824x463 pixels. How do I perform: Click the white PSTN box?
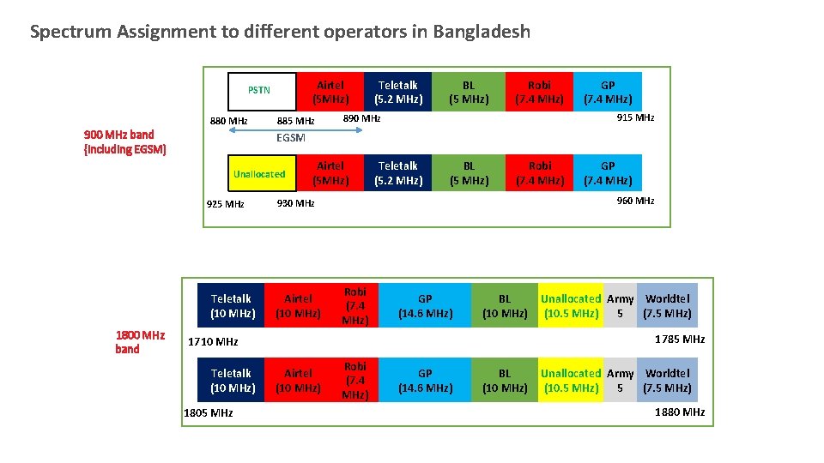pyautogui.click(x=259, y=89)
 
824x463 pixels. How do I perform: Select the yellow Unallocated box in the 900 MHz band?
pyautogui.click(x=259, y=174)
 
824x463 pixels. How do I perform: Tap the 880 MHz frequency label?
pyautogui.click(x=228, y=121)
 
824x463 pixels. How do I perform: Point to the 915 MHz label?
pyautogui.click(x=635, y=117)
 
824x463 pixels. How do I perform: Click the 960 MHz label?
pyautogui.click(x=635, y=201)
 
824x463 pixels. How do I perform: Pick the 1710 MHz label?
pyautogui.click(x=214, y=341)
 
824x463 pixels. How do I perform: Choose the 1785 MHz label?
pyautogui.click(x=679, y=339)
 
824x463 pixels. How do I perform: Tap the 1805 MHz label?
pyautogui.click(x=209, y=412)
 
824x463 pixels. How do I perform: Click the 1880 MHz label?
pyautogui.click(x=679, y=412)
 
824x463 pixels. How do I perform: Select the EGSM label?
pyautogui.click(x=291, y=137)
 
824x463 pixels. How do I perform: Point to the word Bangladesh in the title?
pyautogui.click(x=482, y=33)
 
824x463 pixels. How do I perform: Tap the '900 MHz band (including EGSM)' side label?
pyautogui.click(x=124, y=141)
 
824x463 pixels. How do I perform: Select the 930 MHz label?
pyautogui.click(x=295, y=203)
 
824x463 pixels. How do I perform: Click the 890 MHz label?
pyautogui.click(x=361, y=118)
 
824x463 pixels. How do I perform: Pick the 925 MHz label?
pyautogui.click(x=226, y=204)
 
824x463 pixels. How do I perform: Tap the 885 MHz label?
pyautogui.click(x=295, y=121)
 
